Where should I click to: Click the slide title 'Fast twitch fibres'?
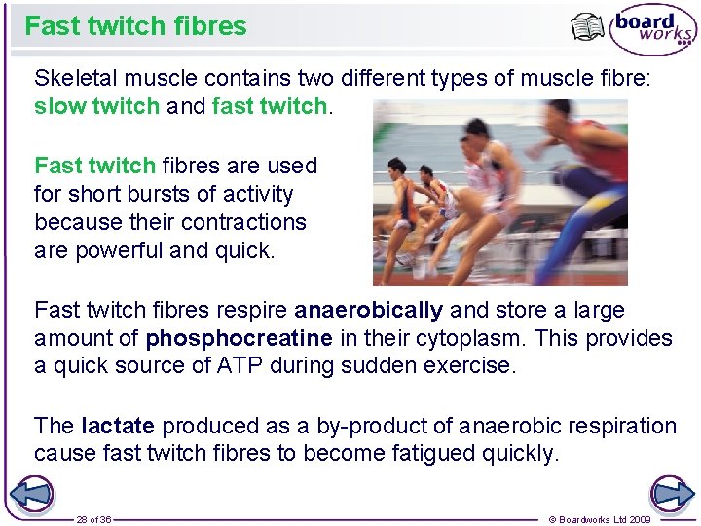(136, 26)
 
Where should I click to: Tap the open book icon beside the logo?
(587, 28)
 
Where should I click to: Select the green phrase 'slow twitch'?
(96, 106)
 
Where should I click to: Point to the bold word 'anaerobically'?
(368, 311)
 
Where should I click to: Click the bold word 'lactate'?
(119, 426)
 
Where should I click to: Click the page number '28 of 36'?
(93, 519)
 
